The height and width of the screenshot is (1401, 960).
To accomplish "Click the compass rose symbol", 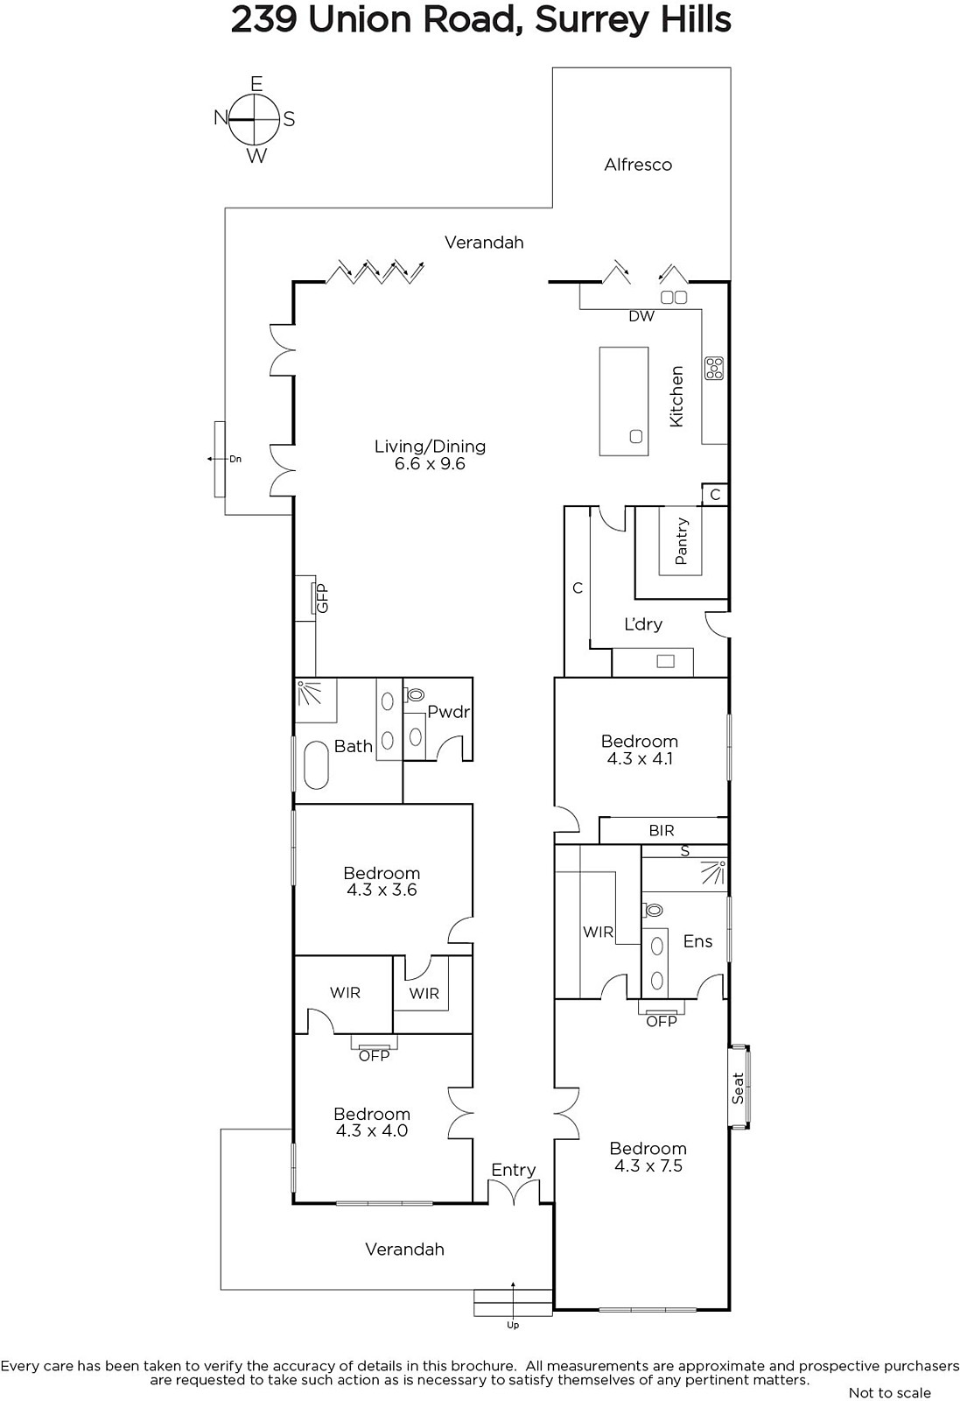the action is [255, 119].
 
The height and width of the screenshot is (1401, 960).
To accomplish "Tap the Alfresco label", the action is [637, 165].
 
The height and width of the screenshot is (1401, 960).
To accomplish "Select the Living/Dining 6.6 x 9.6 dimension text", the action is [430, 464].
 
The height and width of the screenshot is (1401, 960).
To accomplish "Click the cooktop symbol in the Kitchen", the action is [714, 368].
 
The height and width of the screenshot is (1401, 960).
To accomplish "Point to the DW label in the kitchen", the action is [641, 316].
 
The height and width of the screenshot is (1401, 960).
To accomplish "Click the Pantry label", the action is [681, 541].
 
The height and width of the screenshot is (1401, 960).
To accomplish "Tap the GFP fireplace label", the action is [322, 598].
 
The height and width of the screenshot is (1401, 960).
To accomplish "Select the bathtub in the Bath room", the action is [317, 765].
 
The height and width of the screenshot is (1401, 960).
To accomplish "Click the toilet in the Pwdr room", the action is [414, 693].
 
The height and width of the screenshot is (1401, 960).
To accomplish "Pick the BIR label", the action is [662, 831].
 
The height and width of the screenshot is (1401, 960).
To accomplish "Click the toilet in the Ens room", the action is [653, 910].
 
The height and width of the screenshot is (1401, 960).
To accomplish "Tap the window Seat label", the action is [738, 1088].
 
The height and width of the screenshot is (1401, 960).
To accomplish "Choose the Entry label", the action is [513, 1170].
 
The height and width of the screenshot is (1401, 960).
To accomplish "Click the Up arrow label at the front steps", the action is [513, 1326].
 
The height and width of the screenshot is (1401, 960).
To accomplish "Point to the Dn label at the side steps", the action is [235, 459].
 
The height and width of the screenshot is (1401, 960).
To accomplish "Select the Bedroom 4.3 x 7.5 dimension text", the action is [648, 1165].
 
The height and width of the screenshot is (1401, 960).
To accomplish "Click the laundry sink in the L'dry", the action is [666, 661].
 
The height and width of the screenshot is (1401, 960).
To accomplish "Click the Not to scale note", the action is [889, 1392].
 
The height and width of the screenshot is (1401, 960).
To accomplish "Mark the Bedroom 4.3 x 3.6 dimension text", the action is [382, 890].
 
